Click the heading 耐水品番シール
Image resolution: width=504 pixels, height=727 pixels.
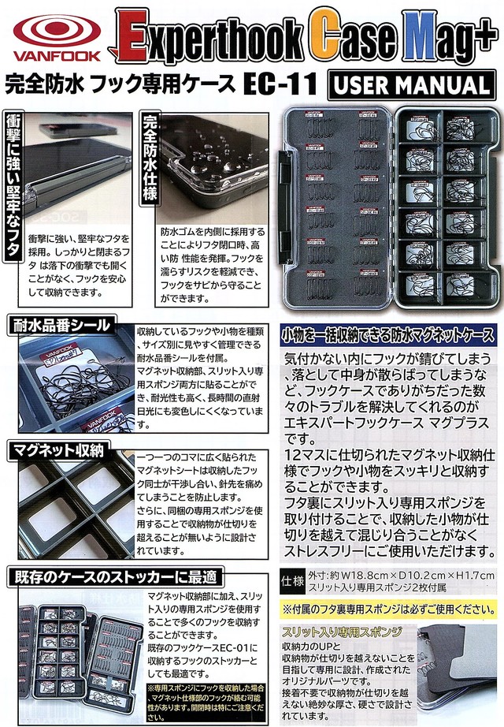[60, 325]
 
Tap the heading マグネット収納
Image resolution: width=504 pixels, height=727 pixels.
[56, 450]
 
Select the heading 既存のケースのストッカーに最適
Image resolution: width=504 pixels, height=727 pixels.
[114, 575]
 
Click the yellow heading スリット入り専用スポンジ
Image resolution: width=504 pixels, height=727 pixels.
[343, 632]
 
